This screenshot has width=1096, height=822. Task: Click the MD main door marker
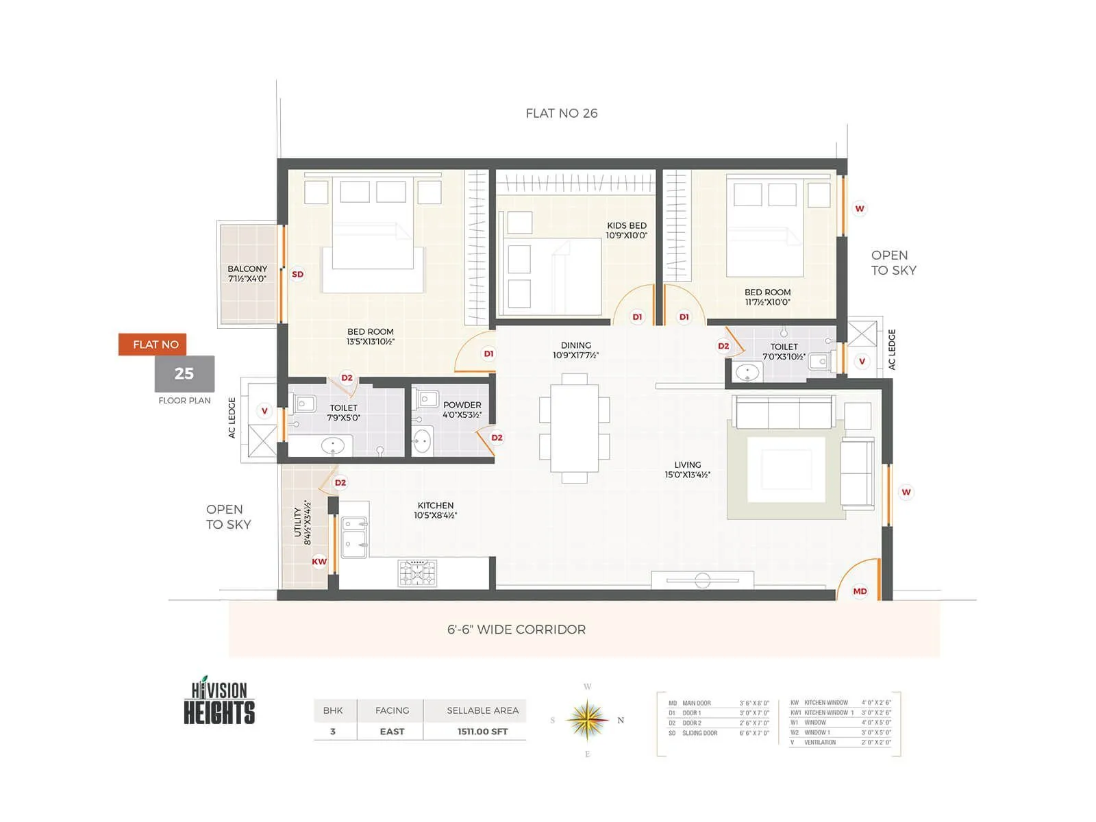pos(860,591)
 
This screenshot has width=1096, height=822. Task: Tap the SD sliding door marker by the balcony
pos(297,274)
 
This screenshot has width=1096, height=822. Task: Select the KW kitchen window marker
pos(319,562)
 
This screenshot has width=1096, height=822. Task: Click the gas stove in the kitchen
pos(417,573)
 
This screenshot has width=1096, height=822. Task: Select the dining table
pos(575,428)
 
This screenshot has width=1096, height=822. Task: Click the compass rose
pos(587,720)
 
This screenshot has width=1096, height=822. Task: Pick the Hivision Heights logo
pos(219,701)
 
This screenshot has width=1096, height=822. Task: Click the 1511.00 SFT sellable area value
pos(482,732)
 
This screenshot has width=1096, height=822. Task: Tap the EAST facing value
pos(392,732)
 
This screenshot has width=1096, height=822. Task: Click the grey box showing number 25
pos(184,373)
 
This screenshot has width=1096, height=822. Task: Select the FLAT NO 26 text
pos(561,113)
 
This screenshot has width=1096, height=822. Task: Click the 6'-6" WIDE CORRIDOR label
pos(516,630)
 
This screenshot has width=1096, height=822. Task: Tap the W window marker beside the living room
pos(906,492)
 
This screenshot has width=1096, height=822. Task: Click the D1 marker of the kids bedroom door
pos(637,317)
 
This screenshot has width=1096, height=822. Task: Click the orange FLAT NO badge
pos(155,345)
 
